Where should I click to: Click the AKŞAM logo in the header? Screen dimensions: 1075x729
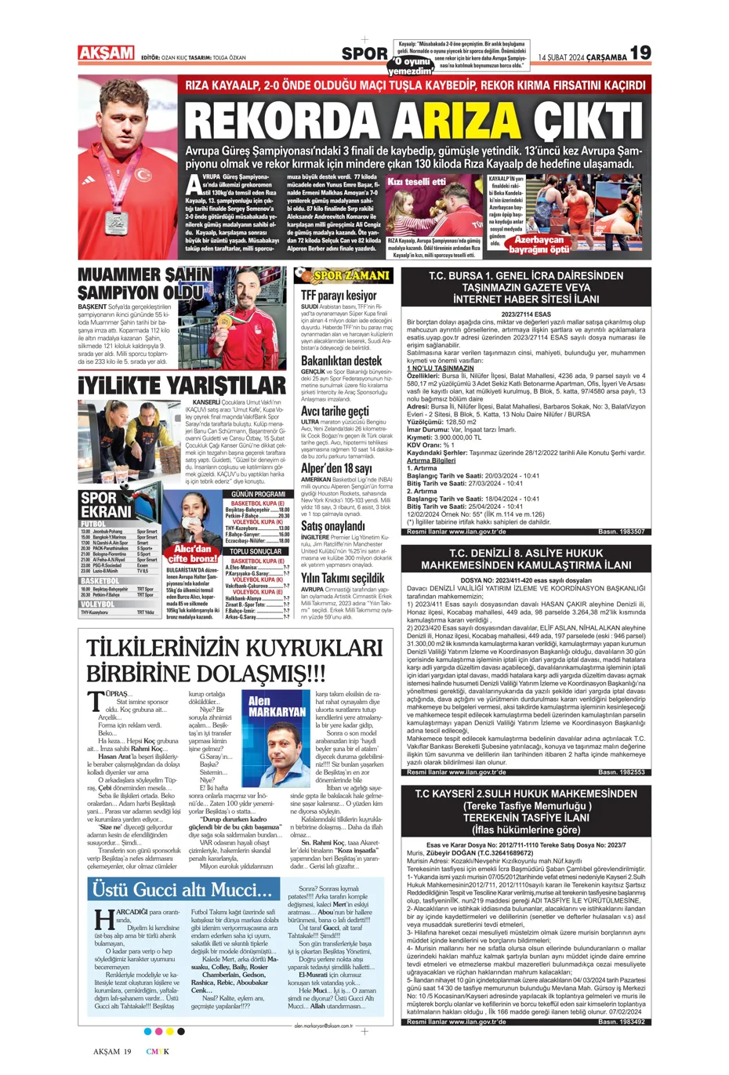tap(107, 53)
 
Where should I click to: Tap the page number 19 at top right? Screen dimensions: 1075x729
tap(640, 53)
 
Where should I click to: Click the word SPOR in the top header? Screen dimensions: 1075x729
tap(364, 54)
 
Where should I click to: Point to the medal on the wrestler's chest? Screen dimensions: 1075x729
tap(117, 220)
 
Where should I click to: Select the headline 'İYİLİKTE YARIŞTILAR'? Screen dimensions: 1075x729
tap(182, 386)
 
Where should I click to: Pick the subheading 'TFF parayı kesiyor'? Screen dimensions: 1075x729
tap(339, 296)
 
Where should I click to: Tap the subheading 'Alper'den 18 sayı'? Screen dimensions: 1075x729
tap(336, 468)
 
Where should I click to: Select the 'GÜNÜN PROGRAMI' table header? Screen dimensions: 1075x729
tap(258, 494)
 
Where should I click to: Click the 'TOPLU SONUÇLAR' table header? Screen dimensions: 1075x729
tap(256, 552)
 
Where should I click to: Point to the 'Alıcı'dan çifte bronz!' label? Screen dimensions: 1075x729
tap(193, 554)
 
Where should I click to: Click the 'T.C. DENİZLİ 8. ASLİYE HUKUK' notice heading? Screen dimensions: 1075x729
tap(525, 559)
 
